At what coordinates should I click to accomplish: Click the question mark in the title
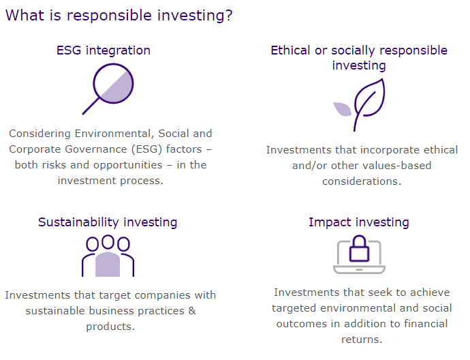[x=230, y=16]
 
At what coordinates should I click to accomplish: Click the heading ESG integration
[x=104, y=50]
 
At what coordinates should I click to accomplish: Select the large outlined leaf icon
[x=368, y=104]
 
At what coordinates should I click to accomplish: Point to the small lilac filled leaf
[x=343, y=109]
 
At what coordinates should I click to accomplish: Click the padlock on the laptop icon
[x=359, y=248]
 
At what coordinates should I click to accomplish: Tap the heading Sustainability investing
[x=108, y=222]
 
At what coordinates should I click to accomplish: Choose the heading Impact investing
[x=359, y=222]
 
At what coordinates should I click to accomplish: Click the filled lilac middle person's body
[x=108, y=264]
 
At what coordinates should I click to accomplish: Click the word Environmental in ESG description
[x=114, y=134]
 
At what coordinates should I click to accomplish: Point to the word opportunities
[x=128, y=165]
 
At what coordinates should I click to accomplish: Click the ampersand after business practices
[x=192, y=310]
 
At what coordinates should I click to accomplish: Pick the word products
[x=110, y=327]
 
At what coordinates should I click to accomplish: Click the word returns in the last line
[x=362, y=340]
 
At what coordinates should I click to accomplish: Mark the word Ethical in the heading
[x=290, y=50]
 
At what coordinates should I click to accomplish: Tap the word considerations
[x=362, y=181]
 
